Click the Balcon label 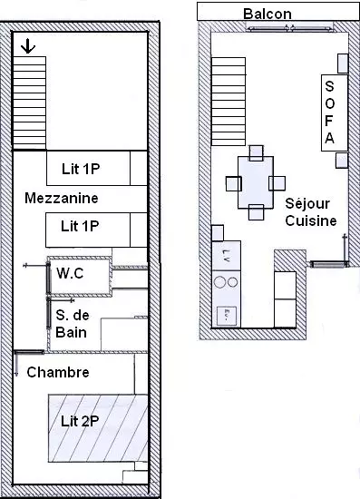pyautogui.click(x=268, y=14)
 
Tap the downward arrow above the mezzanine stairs pyautogui.click(x=28, y=46)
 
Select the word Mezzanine pyautogui.click(x=62, y=198)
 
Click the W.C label pyautogui.click(x=70, y=273)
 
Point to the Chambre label pyautogui.click(x=58, y=372)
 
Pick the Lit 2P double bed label pyautogui.click(x=80, y=421)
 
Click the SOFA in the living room pyautogui.click(x=335, y=113)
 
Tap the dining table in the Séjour pyautogui.click(x=256, y=182)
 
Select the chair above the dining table pyautogui.click(x=257, y=152)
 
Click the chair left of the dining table pyautogui.click(x=234, y=183)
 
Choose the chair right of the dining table pyautogui.click(x=277, y=183)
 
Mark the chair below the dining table pyautogui.click(x=257, y=212)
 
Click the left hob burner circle pyautogui.click(x=220, y=282)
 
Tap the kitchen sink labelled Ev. pyautogui.click(x=227, y=316)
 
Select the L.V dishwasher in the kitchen pyautogui.click(x=226, y=256)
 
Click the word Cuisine pyautogui.click(x=311, y=220)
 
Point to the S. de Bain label pyautogui.click(x=73, y=324)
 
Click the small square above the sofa pyautogui.click(x=343, y=64)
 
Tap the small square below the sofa pyautogui.click(x=342, y=160)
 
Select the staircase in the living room pyautogui.click(x=229, y=102)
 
